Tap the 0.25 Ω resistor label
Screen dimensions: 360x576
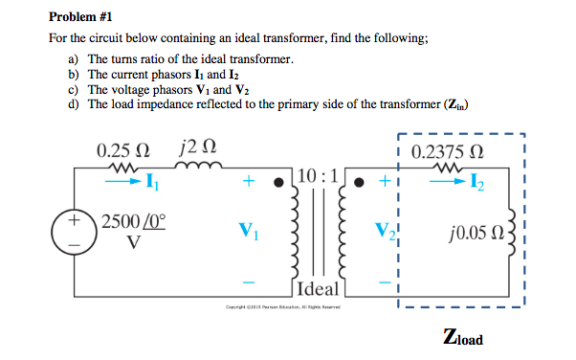coord(123,150)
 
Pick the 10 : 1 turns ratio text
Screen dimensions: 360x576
coord(316,177)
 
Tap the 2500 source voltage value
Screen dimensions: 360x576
coord(120,220)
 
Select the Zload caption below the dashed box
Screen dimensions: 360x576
coord(463,338)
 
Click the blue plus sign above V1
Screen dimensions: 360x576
coord(249,179)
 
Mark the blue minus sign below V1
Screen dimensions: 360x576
coord(249,281)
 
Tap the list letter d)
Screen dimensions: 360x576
coord(73,103)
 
